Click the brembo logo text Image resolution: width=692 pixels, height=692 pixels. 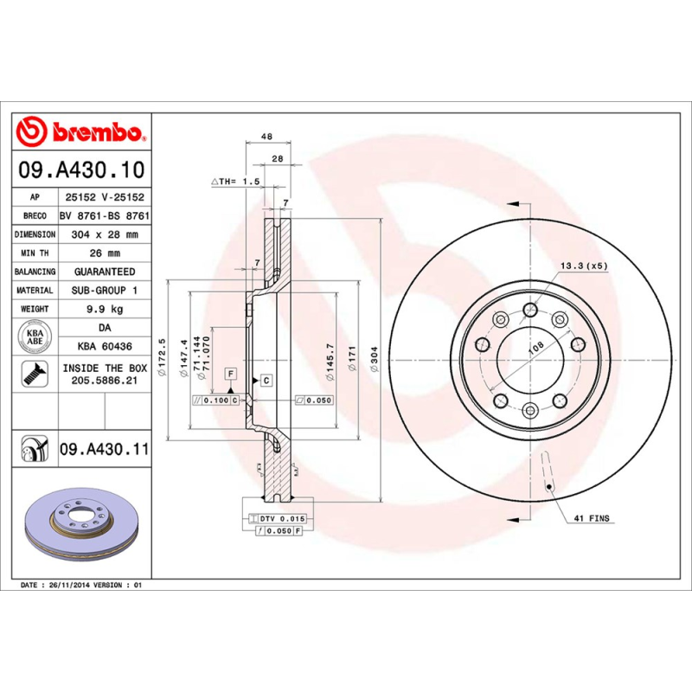coord(96,132)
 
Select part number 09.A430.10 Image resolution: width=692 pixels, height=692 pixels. coord(82,170)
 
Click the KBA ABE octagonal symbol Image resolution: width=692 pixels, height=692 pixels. coord(35,337)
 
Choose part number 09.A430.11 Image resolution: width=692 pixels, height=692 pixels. coord(104,450)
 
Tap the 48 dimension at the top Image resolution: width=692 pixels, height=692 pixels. coord(267,137)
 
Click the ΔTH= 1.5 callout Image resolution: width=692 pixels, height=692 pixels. coord(235,182)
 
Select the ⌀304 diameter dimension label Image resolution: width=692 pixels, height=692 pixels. coord(373,356)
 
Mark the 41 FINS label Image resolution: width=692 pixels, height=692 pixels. coord(591,518)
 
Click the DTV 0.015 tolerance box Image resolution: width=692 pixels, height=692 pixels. coord(282,517)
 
